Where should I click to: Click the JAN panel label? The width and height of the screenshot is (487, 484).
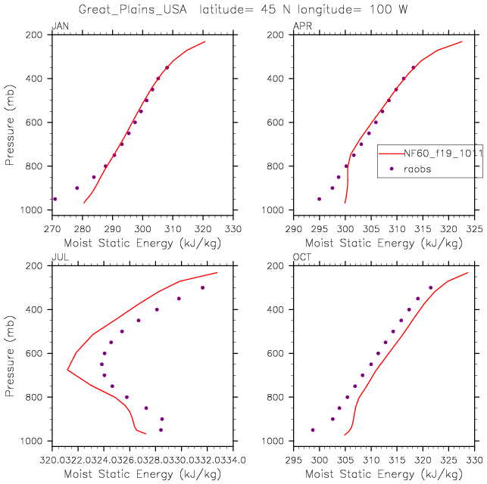tap(58, 28)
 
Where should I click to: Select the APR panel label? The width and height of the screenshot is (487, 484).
tap(301, 28)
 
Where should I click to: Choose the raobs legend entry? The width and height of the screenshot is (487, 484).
tap(417, 169)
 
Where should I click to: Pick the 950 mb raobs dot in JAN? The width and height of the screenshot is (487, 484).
tap(55, 199)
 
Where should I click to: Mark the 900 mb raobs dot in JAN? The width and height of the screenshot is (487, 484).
tap(76, 188)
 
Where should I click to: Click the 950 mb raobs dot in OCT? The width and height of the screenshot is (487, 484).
tap(313, 430)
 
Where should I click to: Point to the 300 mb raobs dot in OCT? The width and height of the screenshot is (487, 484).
tap(430, 287)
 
